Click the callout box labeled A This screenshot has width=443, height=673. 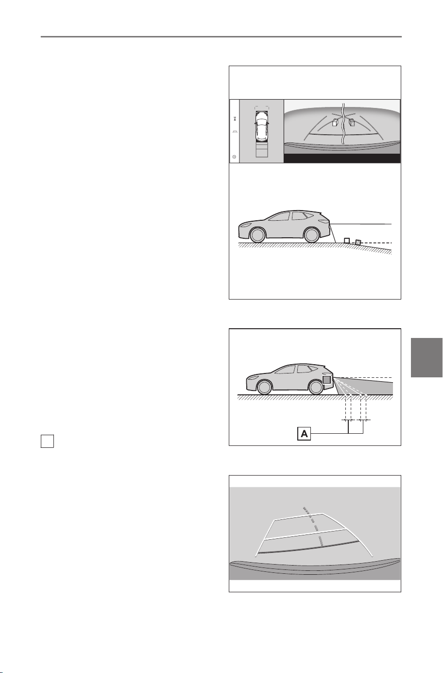pos(304,434)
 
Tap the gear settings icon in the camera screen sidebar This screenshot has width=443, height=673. pos(234,157)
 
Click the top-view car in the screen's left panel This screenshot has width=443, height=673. pos(261,126)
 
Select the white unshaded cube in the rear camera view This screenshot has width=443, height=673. pos(336,122)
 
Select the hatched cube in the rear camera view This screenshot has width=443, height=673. pos(352,122)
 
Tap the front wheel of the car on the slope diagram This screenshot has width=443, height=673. pos(257,235)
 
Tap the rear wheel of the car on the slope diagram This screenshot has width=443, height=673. pos(311,235)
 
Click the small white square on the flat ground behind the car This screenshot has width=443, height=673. pos(347,240)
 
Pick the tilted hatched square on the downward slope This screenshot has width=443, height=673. pos(358,242)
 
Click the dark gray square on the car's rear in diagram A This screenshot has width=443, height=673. pos(327,380)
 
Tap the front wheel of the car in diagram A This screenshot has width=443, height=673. pos(265,387)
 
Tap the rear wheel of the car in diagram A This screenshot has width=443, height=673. pos(316,387)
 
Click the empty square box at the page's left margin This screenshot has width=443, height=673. pos(47,442)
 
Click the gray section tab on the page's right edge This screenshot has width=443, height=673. pos(426,357)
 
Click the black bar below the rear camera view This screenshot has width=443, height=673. pos(342,159)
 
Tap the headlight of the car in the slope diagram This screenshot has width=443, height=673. pos(245,225)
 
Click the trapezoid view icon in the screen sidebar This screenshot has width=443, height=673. pos(235,132)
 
